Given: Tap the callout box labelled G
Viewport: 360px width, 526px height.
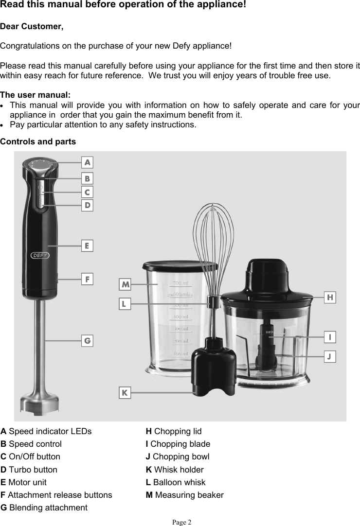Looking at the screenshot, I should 87,341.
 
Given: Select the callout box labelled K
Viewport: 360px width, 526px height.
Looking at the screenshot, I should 125,392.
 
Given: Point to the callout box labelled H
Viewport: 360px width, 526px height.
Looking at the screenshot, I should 330,297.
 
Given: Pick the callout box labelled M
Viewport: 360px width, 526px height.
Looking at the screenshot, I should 126,284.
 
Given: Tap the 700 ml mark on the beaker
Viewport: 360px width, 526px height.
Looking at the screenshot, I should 180,283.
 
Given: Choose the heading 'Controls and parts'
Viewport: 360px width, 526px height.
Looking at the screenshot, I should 38,142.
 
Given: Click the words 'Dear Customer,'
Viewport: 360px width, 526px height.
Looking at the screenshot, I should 32,26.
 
